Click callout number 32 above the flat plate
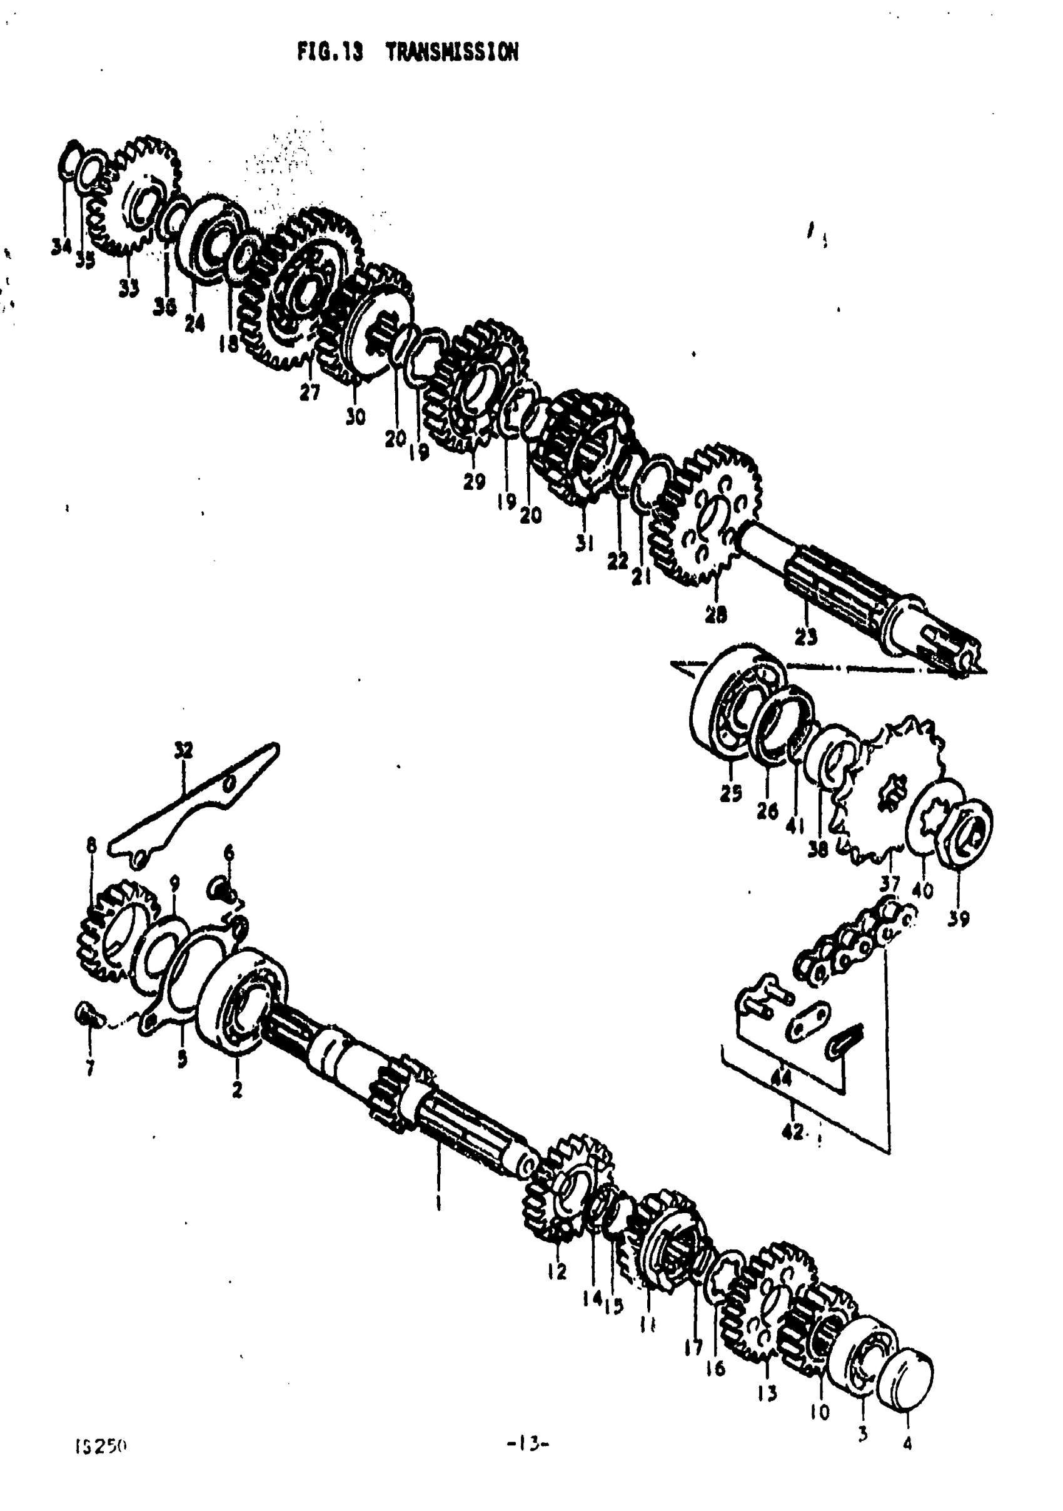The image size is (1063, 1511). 184,750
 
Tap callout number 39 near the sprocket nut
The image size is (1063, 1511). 959,918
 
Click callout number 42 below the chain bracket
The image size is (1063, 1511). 793,1131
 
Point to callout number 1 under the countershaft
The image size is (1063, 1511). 438,1203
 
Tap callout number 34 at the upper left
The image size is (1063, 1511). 61,246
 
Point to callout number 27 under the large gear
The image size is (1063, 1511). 309,392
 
